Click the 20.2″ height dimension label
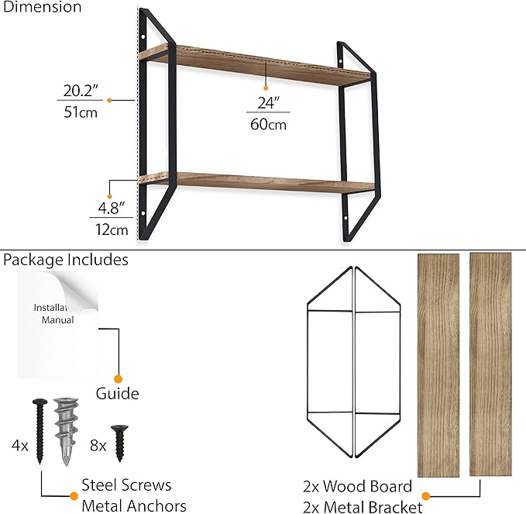coord(81,91)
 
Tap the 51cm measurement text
coord(81,112)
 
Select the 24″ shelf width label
coord(268,103)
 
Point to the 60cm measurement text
coord(268,124)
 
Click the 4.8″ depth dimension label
coord(111,208)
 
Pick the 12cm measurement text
coord(112,230)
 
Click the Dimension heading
coord(42,7)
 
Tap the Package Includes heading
coord(66,260)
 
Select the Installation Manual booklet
coord(57,325)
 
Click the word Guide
coord(118,394)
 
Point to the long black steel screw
coord(40,431)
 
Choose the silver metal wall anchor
coord(66,431)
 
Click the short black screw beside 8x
coord(119,443)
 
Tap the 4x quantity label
coord(20,446)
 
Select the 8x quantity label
coord(98,446)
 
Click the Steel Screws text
coord(126,485)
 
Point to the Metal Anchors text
coord(134,506)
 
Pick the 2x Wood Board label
coord(358,486)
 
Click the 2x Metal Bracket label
coord(363,507)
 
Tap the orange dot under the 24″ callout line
coord(266,88)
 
